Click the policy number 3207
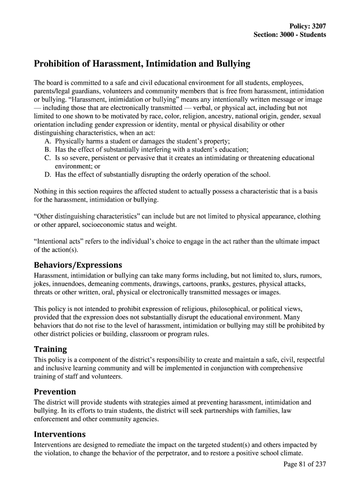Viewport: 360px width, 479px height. (x=318, y=27)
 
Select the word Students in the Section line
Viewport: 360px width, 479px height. (x=313, y=35)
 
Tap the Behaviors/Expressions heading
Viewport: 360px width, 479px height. (x=78, y=265)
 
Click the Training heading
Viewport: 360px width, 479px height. (x=50, y=349)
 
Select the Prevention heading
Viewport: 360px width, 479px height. (x=55, y=392)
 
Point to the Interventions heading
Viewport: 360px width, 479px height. (x=60, y=434)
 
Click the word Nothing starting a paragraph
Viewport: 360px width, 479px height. (x=46, y=192)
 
